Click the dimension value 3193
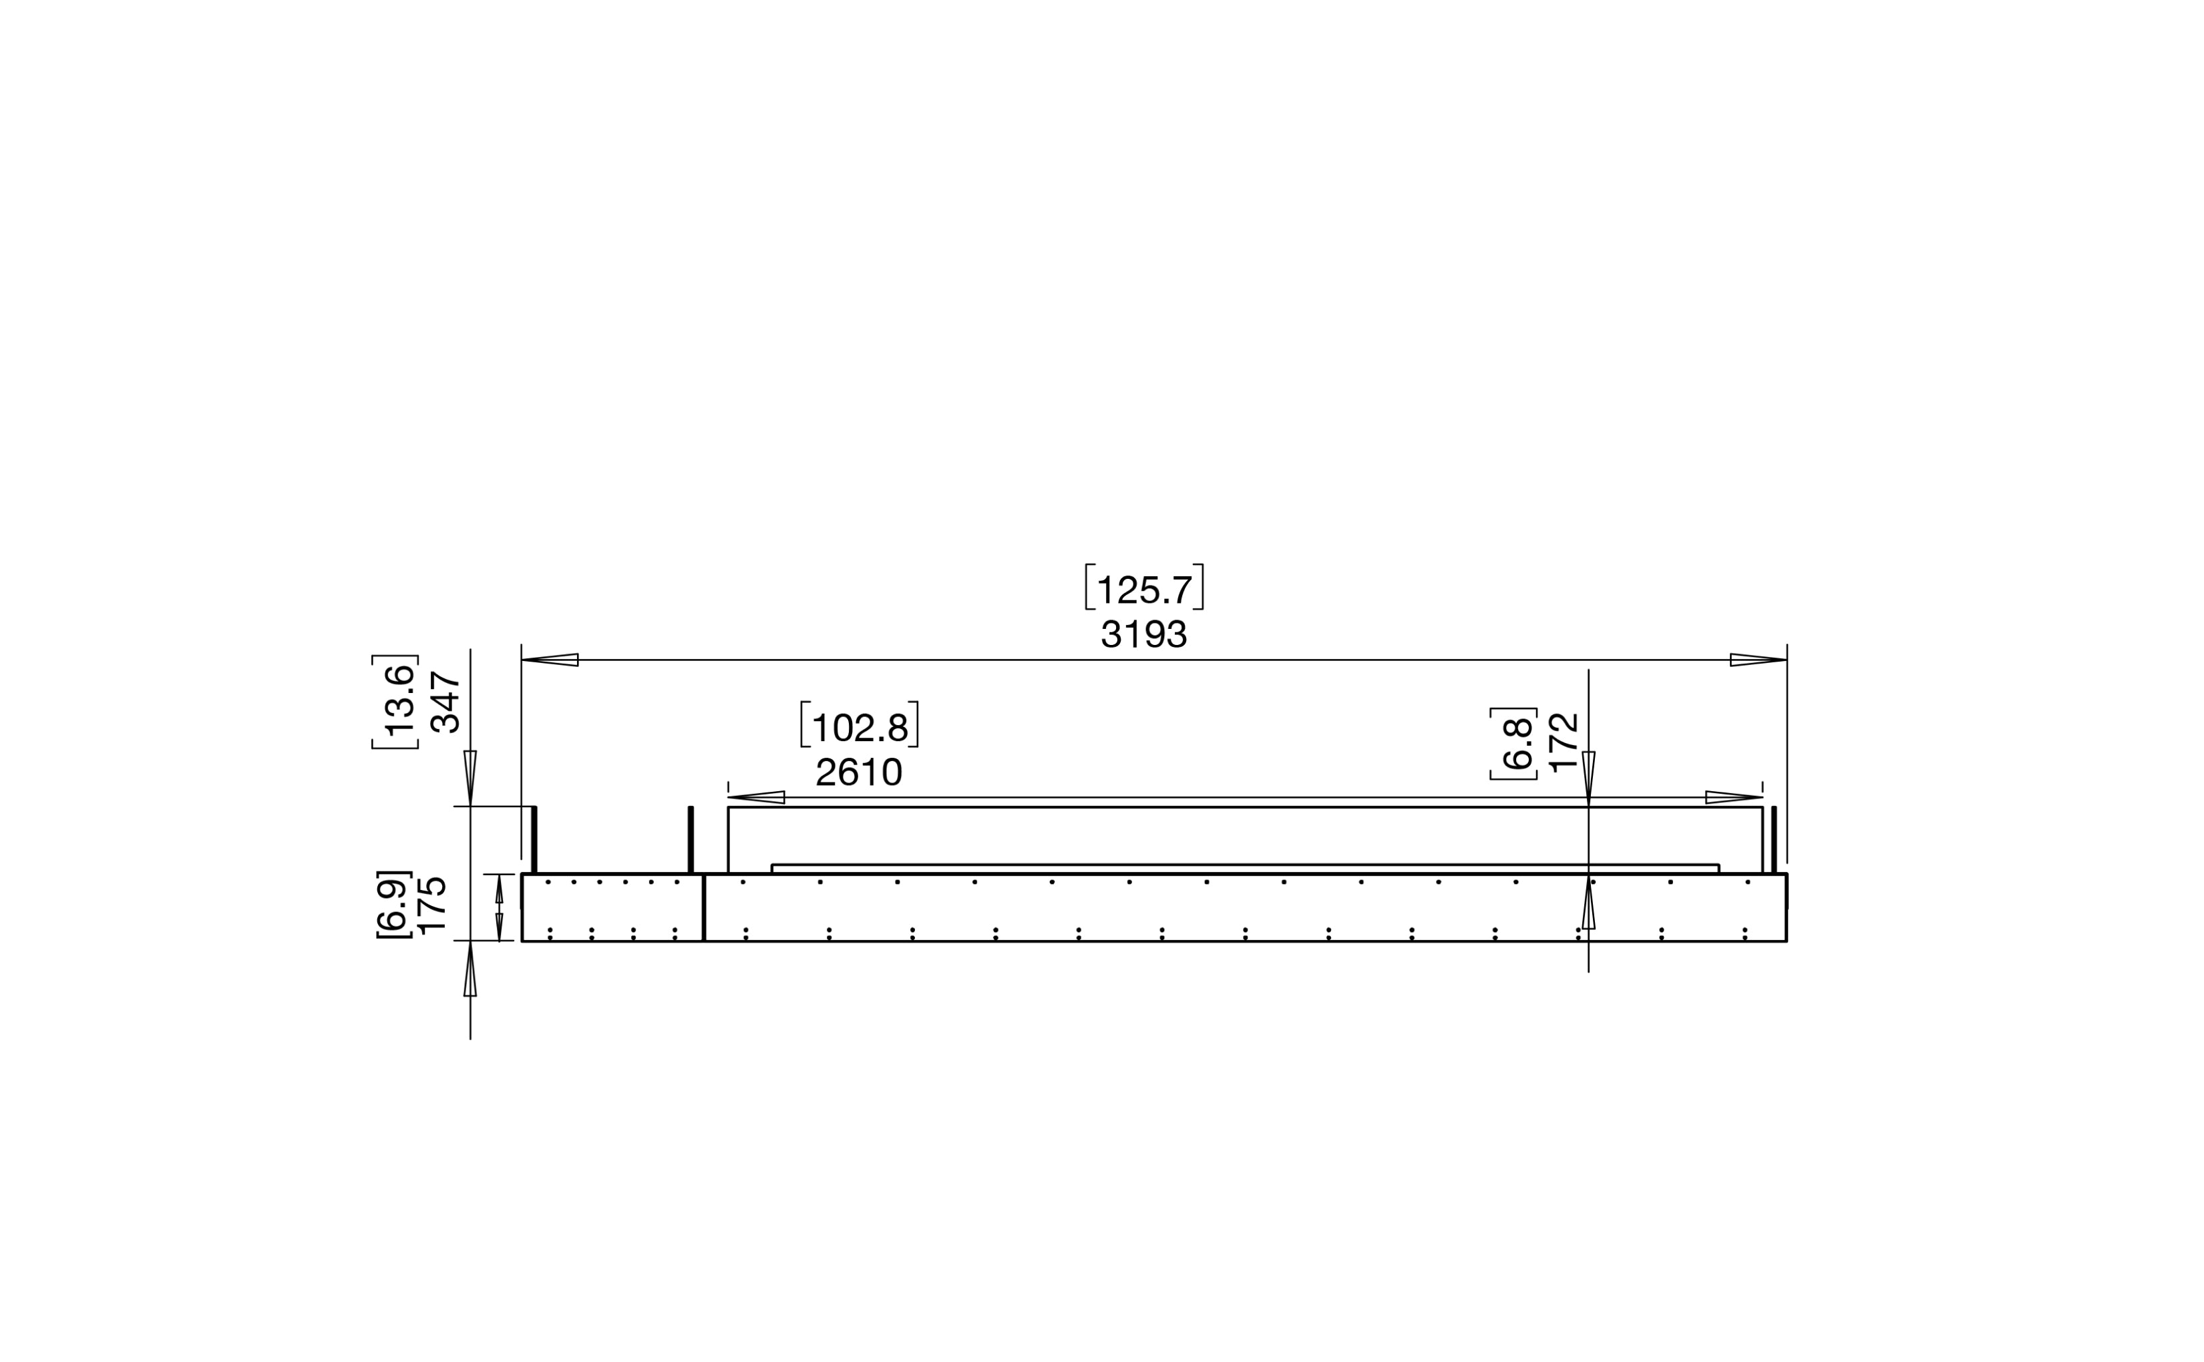point(1143,634)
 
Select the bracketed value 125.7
point(1143,590)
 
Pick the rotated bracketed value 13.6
point(397,702)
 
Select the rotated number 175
point(433,903)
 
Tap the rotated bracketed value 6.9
point(393,903)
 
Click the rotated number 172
point(1565,742)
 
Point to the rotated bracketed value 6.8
point(1517,743)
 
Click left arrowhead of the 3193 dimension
point(550,660)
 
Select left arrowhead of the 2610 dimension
point(756,797)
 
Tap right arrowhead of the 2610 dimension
point(1734,797)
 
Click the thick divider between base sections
point(704,907)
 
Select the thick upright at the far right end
point(1774,839)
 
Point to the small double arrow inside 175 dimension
point(499,907)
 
